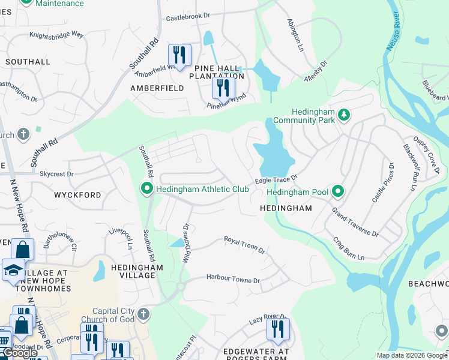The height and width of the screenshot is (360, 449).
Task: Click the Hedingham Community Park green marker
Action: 344,114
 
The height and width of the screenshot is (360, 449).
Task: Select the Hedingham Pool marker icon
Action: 339,191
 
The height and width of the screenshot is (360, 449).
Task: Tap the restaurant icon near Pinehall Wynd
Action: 221,88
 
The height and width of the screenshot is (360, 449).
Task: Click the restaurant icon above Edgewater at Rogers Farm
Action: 278,329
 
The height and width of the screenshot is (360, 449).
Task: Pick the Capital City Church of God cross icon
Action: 143,314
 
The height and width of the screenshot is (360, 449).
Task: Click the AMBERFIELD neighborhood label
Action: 157,88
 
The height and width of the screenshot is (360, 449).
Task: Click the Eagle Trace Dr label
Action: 276,179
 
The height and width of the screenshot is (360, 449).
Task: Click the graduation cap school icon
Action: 13,270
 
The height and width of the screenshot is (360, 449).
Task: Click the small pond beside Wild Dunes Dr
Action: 177,243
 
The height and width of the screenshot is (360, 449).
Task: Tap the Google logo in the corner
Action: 20,353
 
